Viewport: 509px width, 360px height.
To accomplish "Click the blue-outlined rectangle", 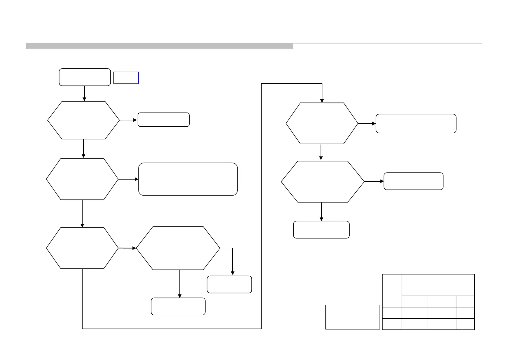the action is [126, 78].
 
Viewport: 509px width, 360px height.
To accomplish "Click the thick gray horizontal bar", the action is [159, 46].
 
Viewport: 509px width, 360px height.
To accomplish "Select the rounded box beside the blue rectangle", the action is [85, 77].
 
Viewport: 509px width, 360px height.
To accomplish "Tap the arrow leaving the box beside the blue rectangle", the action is [84, 93].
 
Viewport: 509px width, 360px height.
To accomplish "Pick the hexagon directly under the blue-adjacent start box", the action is [83, 120].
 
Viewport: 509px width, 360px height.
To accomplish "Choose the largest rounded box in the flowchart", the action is [188, 179].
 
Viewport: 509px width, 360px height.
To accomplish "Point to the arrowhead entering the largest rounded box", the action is [136, 179].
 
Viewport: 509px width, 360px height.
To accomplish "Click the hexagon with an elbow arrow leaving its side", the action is [178, 248].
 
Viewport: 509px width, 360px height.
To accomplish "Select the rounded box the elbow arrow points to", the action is [229, 284].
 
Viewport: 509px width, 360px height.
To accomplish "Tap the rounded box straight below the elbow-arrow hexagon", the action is [178, 306].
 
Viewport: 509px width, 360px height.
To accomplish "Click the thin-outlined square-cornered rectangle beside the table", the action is [352, 317].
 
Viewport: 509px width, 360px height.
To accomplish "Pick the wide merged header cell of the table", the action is [438, 285].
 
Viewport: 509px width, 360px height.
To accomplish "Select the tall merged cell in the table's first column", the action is [392, 290].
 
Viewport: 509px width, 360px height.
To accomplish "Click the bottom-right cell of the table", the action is [465, 324].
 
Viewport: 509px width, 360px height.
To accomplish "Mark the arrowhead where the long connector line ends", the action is [322, 101].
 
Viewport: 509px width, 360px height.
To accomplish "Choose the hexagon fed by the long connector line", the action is [322, 123].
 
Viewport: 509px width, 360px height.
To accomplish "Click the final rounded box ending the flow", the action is [321, 230].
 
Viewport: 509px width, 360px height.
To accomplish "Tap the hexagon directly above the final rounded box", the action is [323, 182].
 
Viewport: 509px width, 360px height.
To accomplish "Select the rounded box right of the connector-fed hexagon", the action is [416, 124].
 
